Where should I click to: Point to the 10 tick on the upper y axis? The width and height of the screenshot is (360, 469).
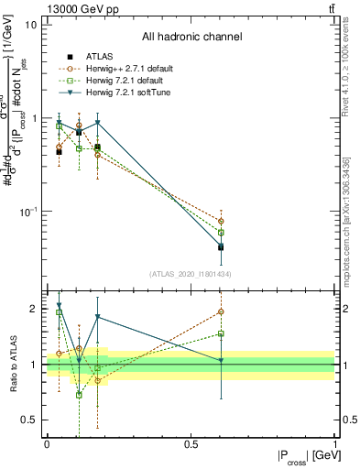31,25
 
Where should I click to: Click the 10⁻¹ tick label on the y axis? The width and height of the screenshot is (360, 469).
27,212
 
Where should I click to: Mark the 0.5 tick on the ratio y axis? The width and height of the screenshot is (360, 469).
29,420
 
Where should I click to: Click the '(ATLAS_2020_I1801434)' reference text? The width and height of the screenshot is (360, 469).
191,274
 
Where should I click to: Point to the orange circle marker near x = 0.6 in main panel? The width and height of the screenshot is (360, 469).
221,221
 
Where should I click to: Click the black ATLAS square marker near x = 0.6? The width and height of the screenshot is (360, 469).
221,246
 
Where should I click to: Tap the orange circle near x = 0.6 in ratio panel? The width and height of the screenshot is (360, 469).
221,311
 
